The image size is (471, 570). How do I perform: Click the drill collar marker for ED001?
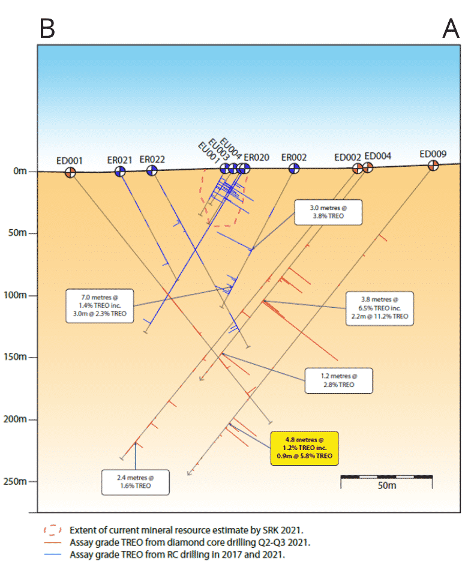(71, 173)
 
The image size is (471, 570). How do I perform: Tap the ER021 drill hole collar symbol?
(120, 172)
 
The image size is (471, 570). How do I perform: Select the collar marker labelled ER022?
(152, 171)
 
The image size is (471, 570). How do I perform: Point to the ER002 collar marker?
(293, 169)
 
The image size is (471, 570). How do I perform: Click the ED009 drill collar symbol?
(433, 166)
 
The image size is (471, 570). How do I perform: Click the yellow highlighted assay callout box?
(305, 448)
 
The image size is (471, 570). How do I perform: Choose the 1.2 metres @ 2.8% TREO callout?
(338, 380)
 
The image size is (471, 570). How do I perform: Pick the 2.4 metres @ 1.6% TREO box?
(135, 482)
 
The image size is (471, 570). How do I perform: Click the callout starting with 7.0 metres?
(99, 305)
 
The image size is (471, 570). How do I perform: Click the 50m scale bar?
(386, 479)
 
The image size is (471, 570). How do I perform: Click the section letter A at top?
(451, 28)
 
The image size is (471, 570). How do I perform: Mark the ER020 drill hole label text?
(256, 157)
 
